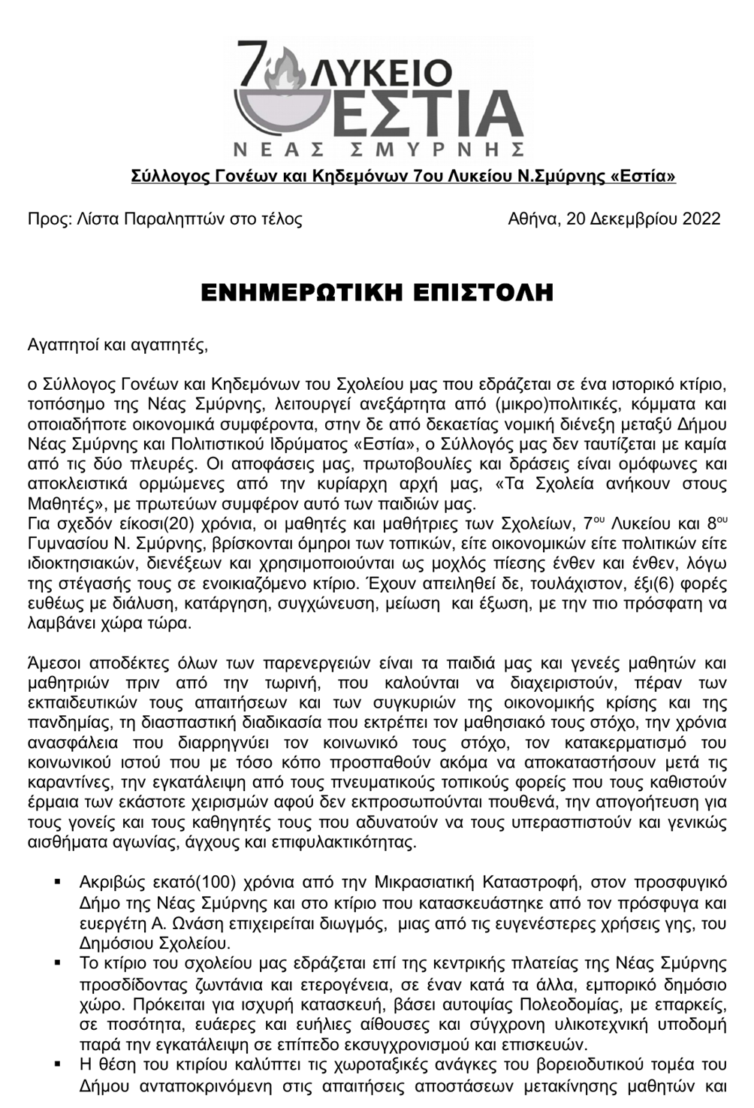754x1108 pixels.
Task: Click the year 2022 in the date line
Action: (699, 219)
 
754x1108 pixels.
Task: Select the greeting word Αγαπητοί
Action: (63, 346)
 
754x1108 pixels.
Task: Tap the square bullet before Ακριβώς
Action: (58, 881)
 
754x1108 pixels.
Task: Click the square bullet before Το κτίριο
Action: (58, 963)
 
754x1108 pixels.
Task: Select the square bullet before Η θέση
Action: (58, 1064)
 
